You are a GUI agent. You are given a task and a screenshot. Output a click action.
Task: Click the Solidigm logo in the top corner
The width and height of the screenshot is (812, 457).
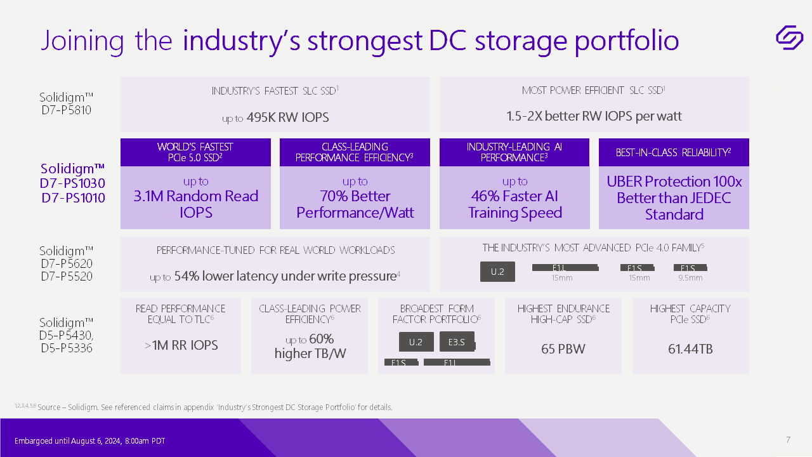point(789,37)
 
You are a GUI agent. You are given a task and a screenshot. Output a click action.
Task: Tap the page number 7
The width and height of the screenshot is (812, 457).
point(788,440)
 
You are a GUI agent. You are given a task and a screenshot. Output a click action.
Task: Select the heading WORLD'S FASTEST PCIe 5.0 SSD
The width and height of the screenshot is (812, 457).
point(195,152)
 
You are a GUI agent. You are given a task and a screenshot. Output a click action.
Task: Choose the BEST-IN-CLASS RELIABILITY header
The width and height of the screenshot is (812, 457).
point(674,152)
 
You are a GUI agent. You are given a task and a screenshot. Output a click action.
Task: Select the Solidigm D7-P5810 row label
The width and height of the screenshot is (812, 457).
point(66,103)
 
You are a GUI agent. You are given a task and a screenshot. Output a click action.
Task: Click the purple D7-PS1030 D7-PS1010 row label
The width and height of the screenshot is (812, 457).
point(73,183)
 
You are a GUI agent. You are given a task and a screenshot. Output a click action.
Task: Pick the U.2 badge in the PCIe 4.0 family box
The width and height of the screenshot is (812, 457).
point(497,272)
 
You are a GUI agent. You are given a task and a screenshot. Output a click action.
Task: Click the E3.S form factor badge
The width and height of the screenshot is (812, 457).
point(457,342)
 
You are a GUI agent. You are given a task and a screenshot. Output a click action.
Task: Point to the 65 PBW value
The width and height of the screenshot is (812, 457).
point(563,349)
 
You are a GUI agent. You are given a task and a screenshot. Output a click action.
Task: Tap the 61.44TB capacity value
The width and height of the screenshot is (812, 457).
point(690,349)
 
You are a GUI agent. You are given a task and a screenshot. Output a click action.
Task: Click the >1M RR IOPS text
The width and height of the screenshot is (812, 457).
point(181,345)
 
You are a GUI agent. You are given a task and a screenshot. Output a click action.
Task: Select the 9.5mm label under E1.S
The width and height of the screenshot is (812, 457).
point(690,278)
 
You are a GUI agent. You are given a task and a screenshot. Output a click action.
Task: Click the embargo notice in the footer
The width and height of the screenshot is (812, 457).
point(89,441)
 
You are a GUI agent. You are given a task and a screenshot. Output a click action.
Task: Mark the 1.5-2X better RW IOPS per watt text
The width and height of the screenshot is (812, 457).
point(594,116)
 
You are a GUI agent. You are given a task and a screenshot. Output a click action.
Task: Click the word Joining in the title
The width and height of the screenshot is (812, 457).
point(82,41)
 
